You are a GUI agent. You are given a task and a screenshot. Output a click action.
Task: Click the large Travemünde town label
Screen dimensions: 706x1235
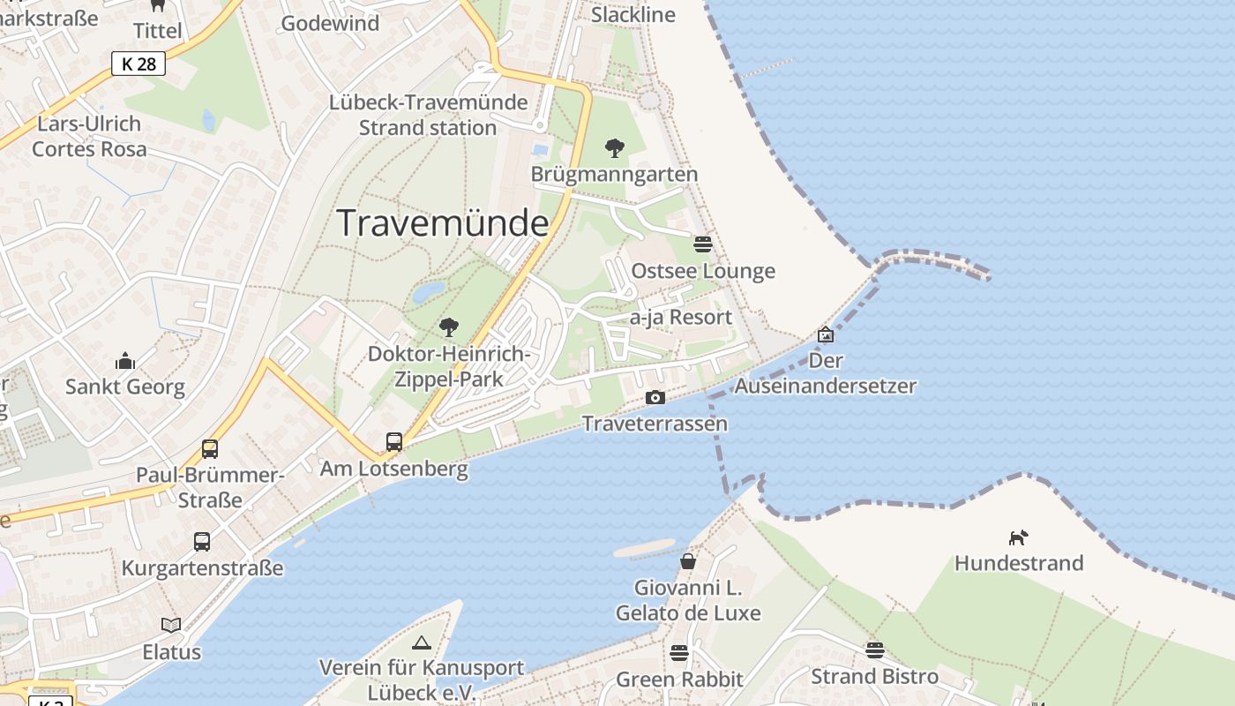pyautogui.click(x=443, y=223)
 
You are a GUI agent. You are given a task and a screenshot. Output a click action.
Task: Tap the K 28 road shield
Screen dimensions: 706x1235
pyautogui.click(x=138, y=64)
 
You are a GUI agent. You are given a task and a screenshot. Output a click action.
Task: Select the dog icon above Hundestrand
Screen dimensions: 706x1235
pyautogui.click(x=1019, y=537)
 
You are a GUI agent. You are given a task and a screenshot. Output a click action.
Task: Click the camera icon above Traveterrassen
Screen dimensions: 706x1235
pyautogui.click(x=655, y=398)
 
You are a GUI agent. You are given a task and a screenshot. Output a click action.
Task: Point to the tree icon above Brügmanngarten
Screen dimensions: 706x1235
pyautogui.click(x=615, y=147)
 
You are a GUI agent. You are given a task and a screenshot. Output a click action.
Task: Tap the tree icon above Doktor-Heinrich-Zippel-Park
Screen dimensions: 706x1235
pyautogui.click(x=449, y=327)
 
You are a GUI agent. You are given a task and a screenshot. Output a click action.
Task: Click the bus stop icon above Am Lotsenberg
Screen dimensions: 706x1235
pyautogui.click(x=394, y=441)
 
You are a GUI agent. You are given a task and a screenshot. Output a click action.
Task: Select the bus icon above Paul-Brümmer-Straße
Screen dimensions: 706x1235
pyautogui.click(x=210, y=448)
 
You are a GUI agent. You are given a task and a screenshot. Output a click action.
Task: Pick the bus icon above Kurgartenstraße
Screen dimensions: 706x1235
pyautogui.click(x=202, y=541)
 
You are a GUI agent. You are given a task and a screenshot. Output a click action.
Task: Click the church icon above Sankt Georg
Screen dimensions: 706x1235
pyautogui.click(x=125, y=361)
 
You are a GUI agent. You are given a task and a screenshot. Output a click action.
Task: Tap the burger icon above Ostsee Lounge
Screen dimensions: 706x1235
pyautogui.click(x=703, y=244)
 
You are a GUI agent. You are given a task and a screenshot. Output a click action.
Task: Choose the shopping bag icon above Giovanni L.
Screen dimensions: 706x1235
pyautogui.click(x=688, y=560)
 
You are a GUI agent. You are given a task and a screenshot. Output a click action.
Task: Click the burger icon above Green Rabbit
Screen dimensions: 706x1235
pyautogui.click(x=679, y=653)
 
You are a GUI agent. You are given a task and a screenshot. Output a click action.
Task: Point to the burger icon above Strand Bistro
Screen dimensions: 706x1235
pyautogui.click(x=874, y=650)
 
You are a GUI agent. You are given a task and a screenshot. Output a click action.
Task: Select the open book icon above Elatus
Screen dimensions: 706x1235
pyautogui.click(x=171, y=625)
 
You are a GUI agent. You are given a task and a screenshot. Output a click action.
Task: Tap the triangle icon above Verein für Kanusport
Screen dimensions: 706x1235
pyautogui.click(x=422, y=642)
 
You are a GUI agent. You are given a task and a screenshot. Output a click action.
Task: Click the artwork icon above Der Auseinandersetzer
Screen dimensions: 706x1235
pyautogui.click(x=826, y=334)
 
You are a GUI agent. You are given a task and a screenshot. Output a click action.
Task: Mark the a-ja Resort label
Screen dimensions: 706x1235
pyautogui.click(x=681, y=317)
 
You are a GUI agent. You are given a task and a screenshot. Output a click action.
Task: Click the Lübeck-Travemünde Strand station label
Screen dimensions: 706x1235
pyautogui.click(x=428, y=115)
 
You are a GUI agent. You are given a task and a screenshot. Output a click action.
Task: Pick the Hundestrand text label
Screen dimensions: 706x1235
pyautogui.click(x=1019, y=563)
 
